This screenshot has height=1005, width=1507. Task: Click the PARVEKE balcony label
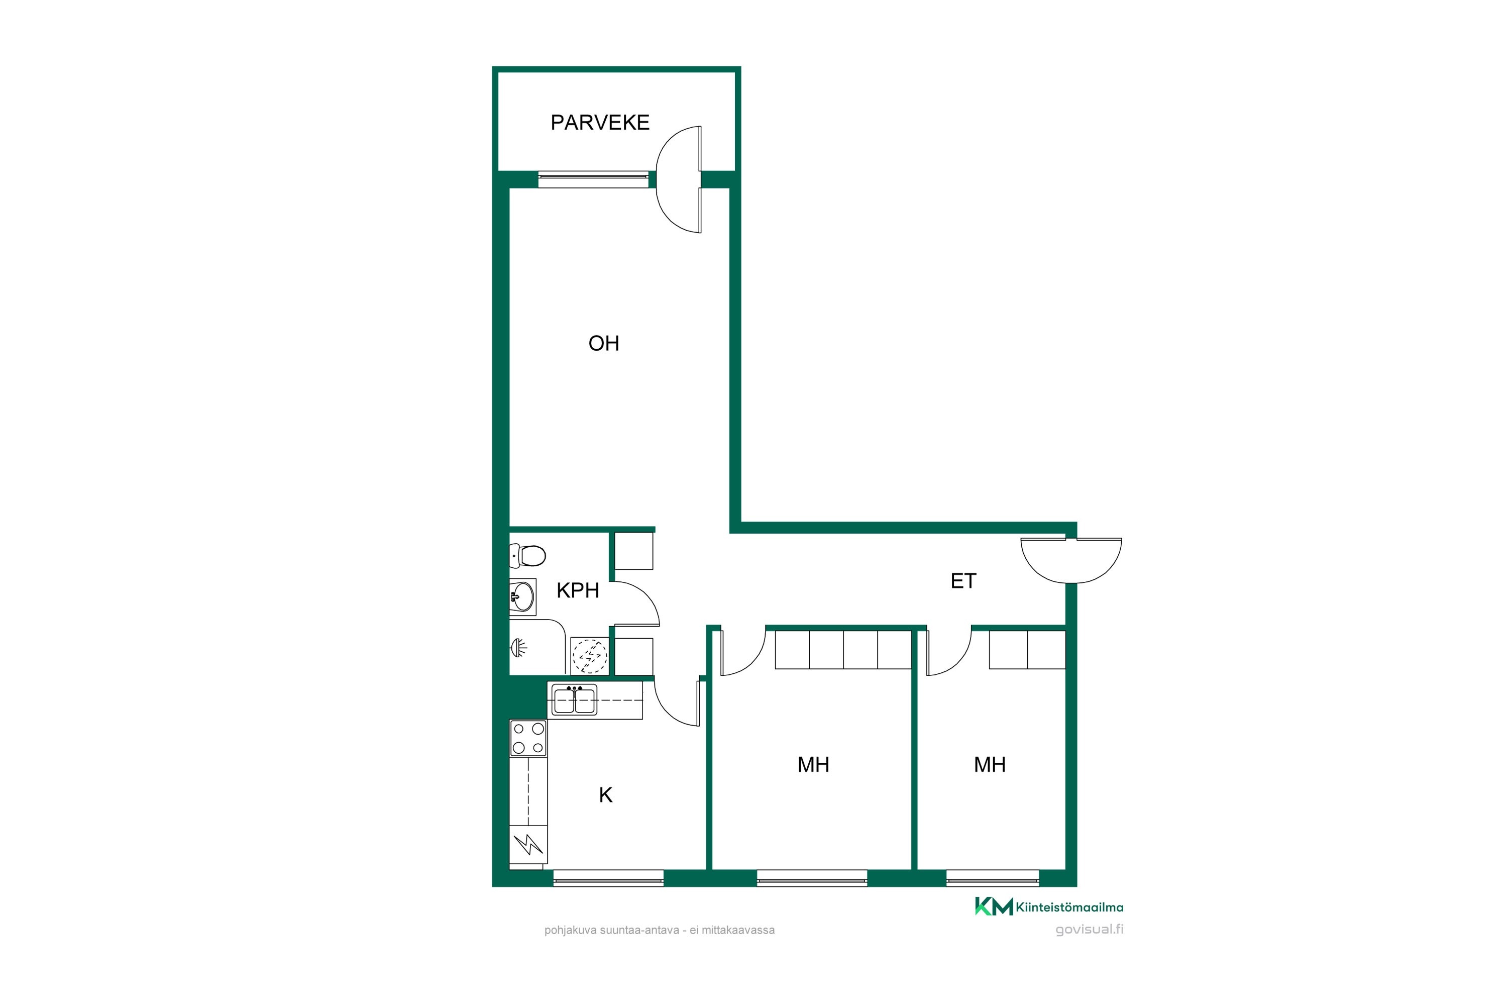pyautogui.click(x=600, y=123)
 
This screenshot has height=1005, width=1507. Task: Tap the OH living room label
pyautogui.click(x=604, y=344)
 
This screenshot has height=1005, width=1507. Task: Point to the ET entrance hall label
pyautogui.click(x=963, y=581)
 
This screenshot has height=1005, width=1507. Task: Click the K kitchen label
pyautogui.click(x=605, y=795)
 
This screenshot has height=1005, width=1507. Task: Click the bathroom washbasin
pyautogui.click(x=522, y=597)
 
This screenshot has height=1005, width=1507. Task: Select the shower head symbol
pyautogui.click(x=519, y=649)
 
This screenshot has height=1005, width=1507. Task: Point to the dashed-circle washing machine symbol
pyautogui.click(x=589, y=656)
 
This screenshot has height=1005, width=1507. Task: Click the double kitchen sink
pyautogui.click(x=575, y=699)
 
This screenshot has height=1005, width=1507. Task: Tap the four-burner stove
pyautogui.click(x=528, y=738)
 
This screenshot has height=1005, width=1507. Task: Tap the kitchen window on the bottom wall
pyautogui.click(x=608, y=878)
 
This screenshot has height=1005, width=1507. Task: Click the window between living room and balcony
pyautogui.click(x=593, y=179)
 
